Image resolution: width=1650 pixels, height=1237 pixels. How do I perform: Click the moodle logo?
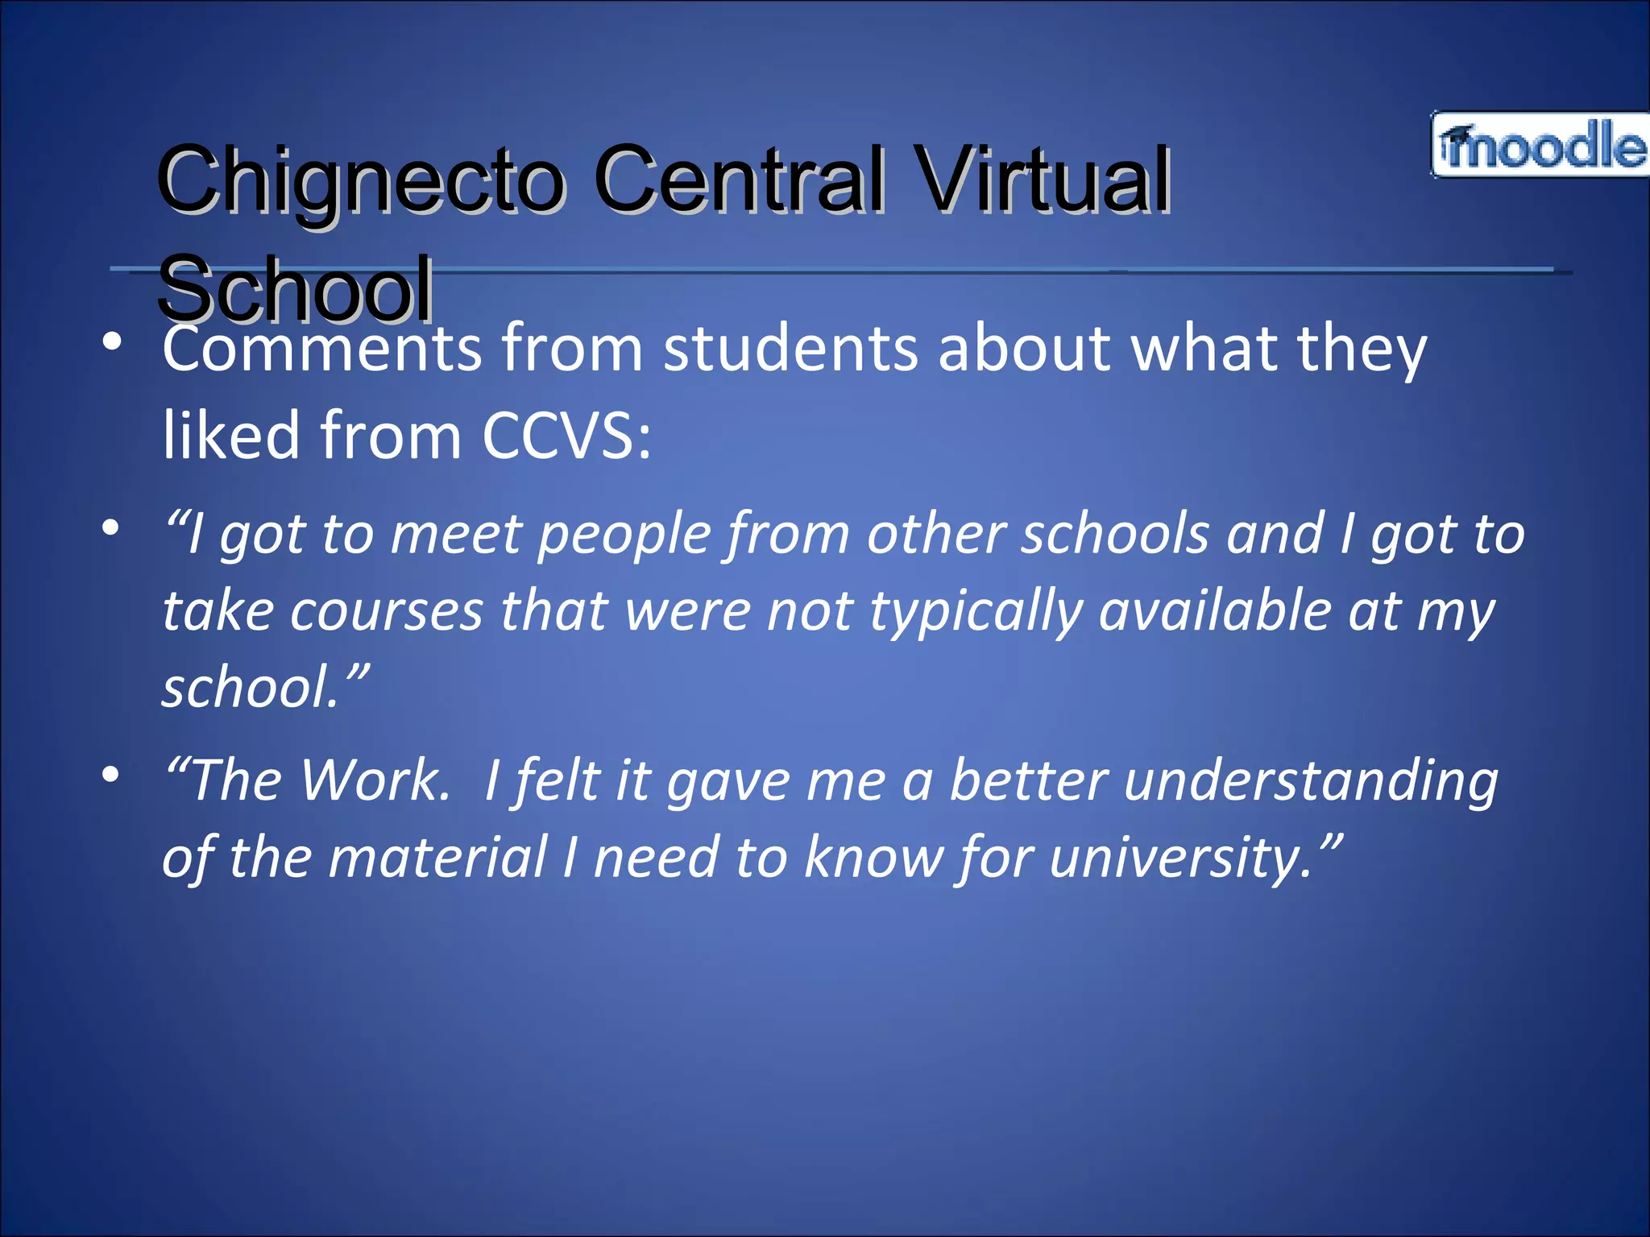(x=1540, y=145)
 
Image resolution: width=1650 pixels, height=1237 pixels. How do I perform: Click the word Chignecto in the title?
(x=361, y=180)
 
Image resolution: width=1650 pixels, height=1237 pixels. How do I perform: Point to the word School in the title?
(x=295, y=287)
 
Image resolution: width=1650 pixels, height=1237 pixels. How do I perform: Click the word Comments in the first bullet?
(x=322, y=350)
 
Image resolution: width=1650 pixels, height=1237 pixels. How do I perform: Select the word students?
(x=790, y=350)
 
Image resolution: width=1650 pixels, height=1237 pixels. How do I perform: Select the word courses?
(x=387, y=611)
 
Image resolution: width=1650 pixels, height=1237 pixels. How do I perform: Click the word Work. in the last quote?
(x=376, y=780)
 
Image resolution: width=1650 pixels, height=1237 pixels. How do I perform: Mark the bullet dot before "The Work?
(x=111, y=775)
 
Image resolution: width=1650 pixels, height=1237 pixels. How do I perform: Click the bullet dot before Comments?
(x=111, y=341)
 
